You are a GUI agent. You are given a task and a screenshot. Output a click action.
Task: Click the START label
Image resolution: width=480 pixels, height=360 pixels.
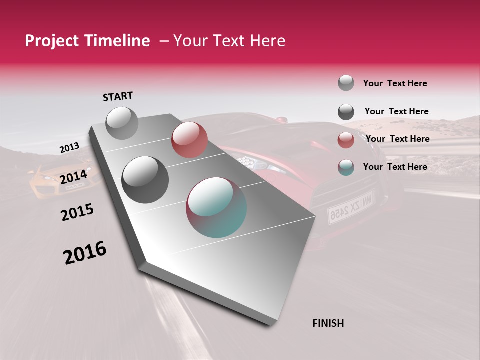[118, 96]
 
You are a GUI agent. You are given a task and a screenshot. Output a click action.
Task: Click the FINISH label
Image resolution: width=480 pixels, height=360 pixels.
[328, 323]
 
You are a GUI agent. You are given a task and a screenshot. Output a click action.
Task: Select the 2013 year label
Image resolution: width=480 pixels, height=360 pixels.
[69, 148]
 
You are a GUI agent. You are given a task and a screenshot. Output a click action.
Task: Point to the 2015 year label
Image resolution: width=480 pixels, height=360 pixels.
[77, 212]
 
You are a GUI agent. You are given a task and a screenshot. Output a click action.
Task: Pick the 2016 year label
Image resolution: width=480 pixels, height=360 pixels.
[85, 253]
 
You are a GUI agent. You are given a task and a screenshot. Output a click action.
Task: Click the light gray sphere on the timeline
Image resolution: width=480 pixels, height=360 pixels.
[122, 123]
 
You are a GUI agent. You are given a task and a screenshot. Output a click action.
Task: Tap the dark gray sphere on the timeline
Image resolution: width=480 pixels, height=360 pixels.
[145, 179]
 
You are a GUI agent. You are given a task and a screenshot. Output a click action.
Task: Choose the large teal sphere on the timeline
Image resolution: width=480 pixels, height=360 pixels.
[216, 207]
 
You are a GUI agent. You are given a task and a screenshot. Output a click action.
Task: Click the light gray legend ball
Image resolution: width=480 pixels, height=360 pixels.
[346, 83]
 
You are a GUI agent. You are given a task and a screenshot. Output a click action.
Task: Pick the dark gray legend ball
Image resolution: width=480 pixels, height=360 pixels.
[346, 112]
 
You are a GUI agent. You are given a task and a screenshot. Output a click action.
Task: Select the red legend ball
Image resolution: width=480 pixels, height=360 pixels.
[346, 140]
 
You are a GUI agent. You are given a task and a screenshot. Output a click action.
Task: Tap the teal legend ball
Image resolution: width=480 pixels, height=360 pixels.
[346, 167]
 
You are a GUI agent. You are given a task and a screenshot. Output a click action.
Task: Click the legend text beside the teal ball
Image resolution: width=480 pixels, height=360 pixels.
[395, 167]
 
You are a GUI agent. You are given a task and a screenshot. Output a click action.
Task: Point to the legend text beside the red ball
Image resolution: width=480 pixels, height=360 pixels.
[397, 139]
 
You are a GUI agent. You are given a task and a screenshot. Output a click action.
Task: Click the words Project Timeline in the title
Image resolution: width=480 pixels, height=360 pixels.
[87, 41]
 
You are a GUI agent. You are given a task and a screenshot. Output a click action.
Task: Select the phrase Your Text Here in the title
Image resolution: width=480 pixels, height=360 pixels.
[229, 41]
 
